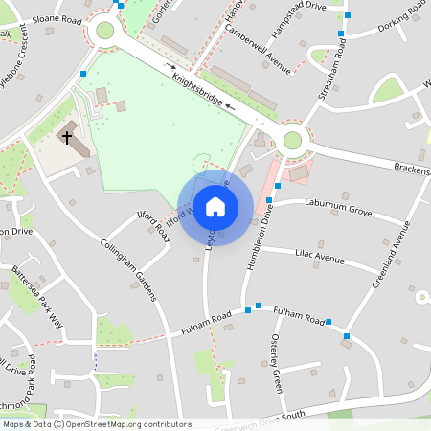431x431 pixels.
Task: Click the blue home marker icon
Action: (215, 207)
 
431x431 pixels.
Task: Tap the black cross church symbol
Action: (67, 136)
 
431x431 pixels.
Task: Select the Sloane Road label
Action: (57, 18)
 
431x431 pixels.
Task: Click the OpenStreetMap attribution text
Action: (96, 424)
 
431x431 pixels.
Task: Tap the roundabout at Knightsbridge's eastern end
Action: (292, 141)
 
